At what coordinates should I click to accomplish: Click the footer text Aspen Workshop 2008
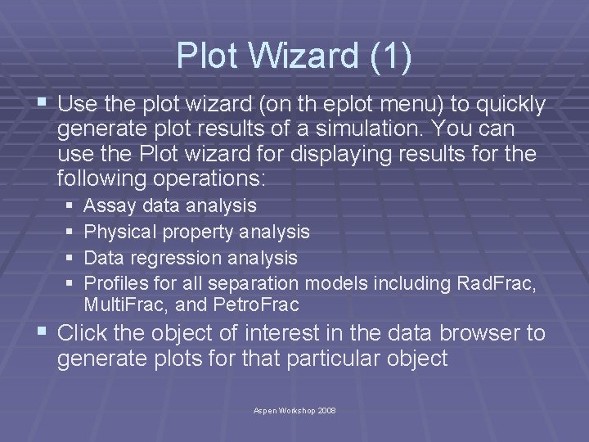point(294,410)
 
